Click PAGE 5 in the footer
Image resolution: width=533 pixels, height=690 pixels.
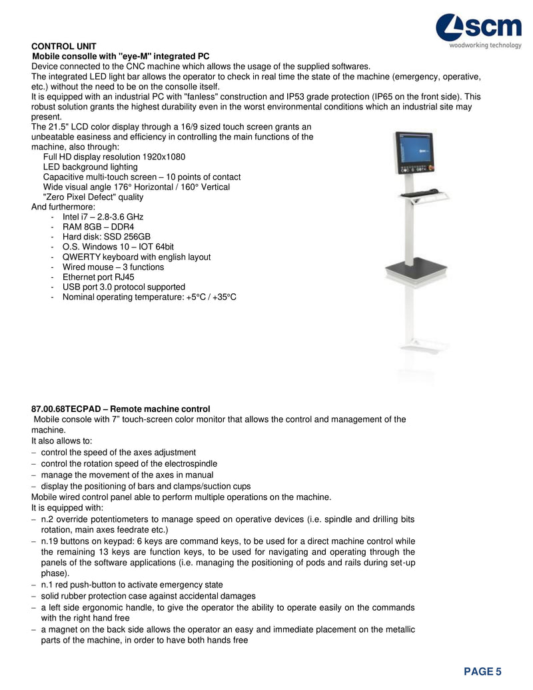click(483, 671)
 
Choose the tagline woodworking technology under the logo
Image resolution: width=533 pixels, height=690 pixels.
click(485, 46)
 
